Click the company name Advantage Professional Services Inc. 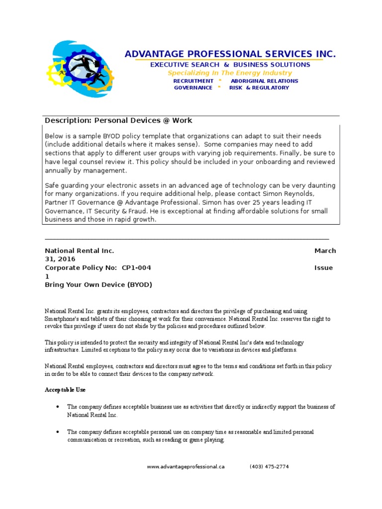tap(230, 54)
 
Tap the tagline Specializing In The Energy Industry tap(230, 73)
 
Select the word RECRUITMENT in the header tap(193, 81)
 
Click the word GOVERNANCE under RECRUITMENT tap(193, 88)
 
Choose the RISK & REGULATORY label tap(259, 88)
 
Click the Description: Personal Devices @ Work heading tap(118, 120)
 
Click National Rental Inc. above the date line tap(80, 251)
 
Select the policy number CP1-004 tap(136, 267)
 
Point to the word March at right tap(325, 251)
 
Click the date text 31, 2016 tap(60, 259)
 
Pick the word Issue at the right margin tap(323, 267)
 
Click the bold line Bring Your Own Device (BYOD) tap(98, 284)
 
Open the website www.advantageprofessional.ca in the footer tap(186, 467)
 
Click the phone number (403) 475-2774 tap(269, 467)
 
